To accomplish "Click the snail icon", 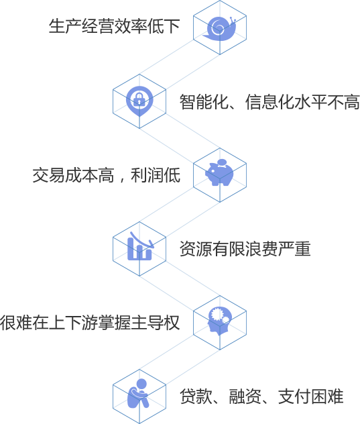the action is click(x=220, y=28).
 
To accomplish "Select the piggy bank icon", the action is click(x=219, y=173).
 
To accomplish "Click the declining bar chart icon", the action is click(x=140, y=246).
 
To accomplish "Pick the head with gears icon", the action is click(x=220, y=321).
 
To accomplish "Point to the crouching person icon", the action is click(x=138, y=393).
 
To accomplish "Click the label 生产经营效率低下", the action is click(x=115, y=26).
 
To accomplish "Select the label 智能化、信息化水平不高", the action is click(x=269, y=102).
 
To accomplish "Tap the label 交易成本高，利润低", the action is click(x=107, y=175).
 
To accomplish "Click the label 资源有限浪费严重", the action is click(x=245, y=249).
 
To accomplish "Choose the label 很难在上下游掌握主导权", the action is click(x=90, y=323).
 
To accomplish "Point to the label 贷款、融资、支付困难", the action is click(x=261, y=396).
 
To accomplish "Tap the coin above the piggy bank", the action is click(x=222, y=162).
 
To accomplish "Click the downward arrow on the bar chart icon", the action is click(x=142, y=240).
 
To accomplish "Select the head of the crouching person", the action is click(x=141, y=384).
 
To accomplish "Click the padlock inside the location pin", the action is click(x=139, y=100).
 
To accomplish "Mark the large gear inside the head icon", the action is click(x=217, y=314).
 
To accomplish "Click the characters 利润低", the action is click(x=156, y=175).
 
